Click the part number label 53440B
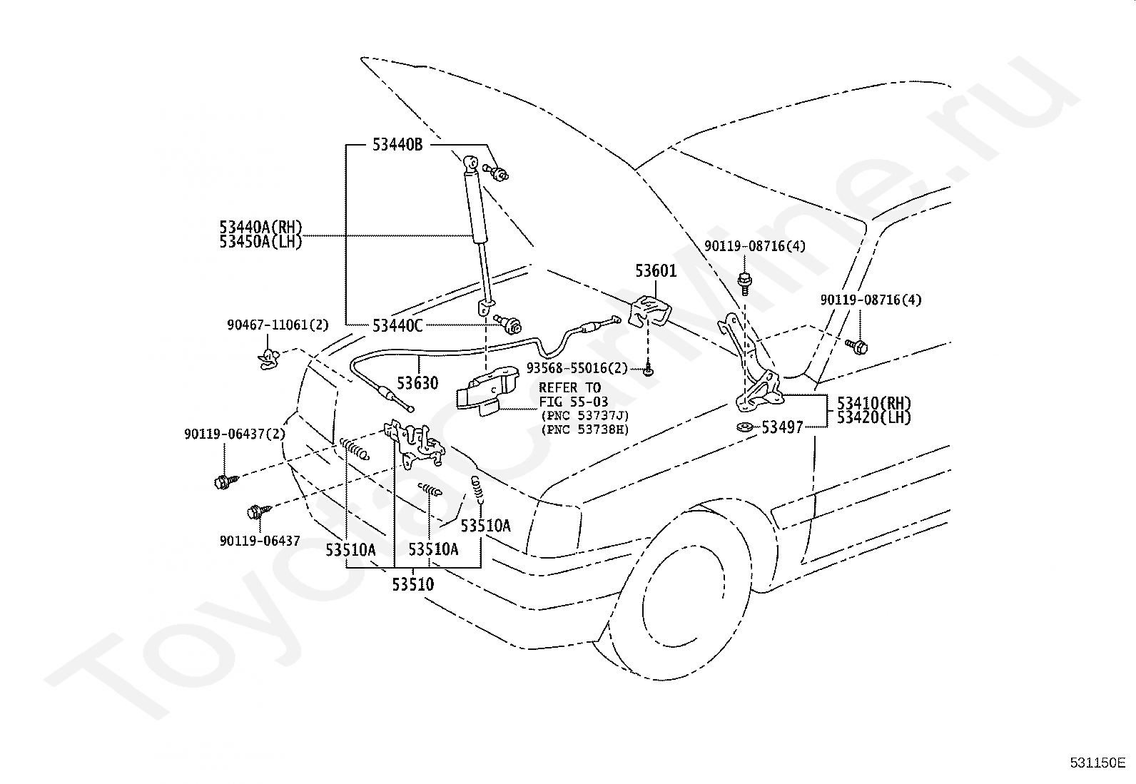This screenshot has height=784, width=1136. click(397, 145)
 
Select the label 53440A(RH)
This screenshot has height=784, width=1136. click(260, 227)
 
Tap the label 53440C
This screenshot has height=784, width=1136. click(397, 325)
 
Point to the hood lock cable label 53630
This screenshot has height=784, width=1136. click(417, 383)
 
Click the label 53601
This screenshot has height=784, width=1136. click(656, 271)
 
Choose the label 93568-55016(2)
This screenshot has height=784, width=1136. click(577, 367)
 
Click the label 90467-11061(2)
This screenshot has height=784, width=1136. click(278, 325)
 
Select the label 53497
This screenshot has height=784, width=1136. click(783, 427)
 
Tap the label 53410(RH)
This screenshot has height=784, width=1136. click(874, 403)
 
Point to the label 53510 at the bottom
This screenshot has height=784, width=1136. click(413, 584)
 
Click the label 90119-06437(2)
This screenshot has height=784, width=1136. click(235, 434)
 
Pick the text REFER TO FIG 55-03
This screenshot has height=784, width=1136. click(573, 395)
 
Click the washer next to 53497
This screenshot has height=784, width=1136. click(745, 427)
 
